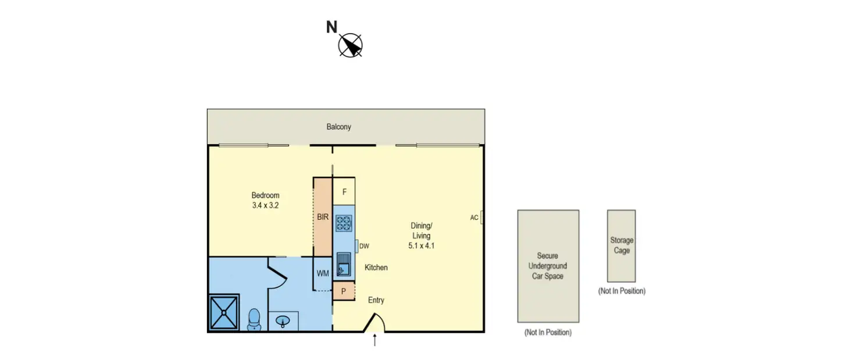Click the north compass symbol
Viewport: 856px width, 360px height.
350,45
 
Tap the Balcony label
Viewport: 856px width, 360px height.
338,127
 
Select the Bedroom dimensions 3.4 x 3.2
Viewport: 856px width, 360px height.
265,205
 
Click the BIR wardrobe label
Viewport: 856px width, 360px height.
323,217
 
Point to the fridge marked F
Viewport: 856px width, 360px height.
344,192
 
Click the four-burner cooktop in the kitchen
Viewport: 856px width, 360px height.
344,223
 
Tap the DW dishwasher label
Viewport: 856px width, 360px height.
364,247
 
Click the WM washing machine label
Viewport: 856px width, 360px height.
323,273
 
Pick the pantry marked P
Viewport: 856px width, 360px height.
344,291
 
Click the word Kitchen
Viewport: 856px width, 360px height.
376,268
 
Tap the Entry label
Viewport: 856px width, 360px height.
376,300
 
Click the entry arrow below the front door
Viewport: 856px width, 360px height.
374,340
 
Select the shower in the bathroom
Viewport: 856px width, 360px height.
224,313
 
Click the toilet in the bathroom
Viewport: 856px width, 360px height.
254,320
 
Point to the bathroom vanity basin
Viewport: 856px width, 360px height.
283,322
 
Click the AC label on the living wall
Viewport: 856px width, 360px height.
474,218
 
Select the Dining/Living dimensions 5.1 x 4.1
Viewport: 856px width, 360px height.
421,246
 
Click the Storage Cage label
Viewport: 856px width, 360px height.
622,245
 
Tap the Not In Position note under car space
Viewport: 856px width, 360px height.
548,333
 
